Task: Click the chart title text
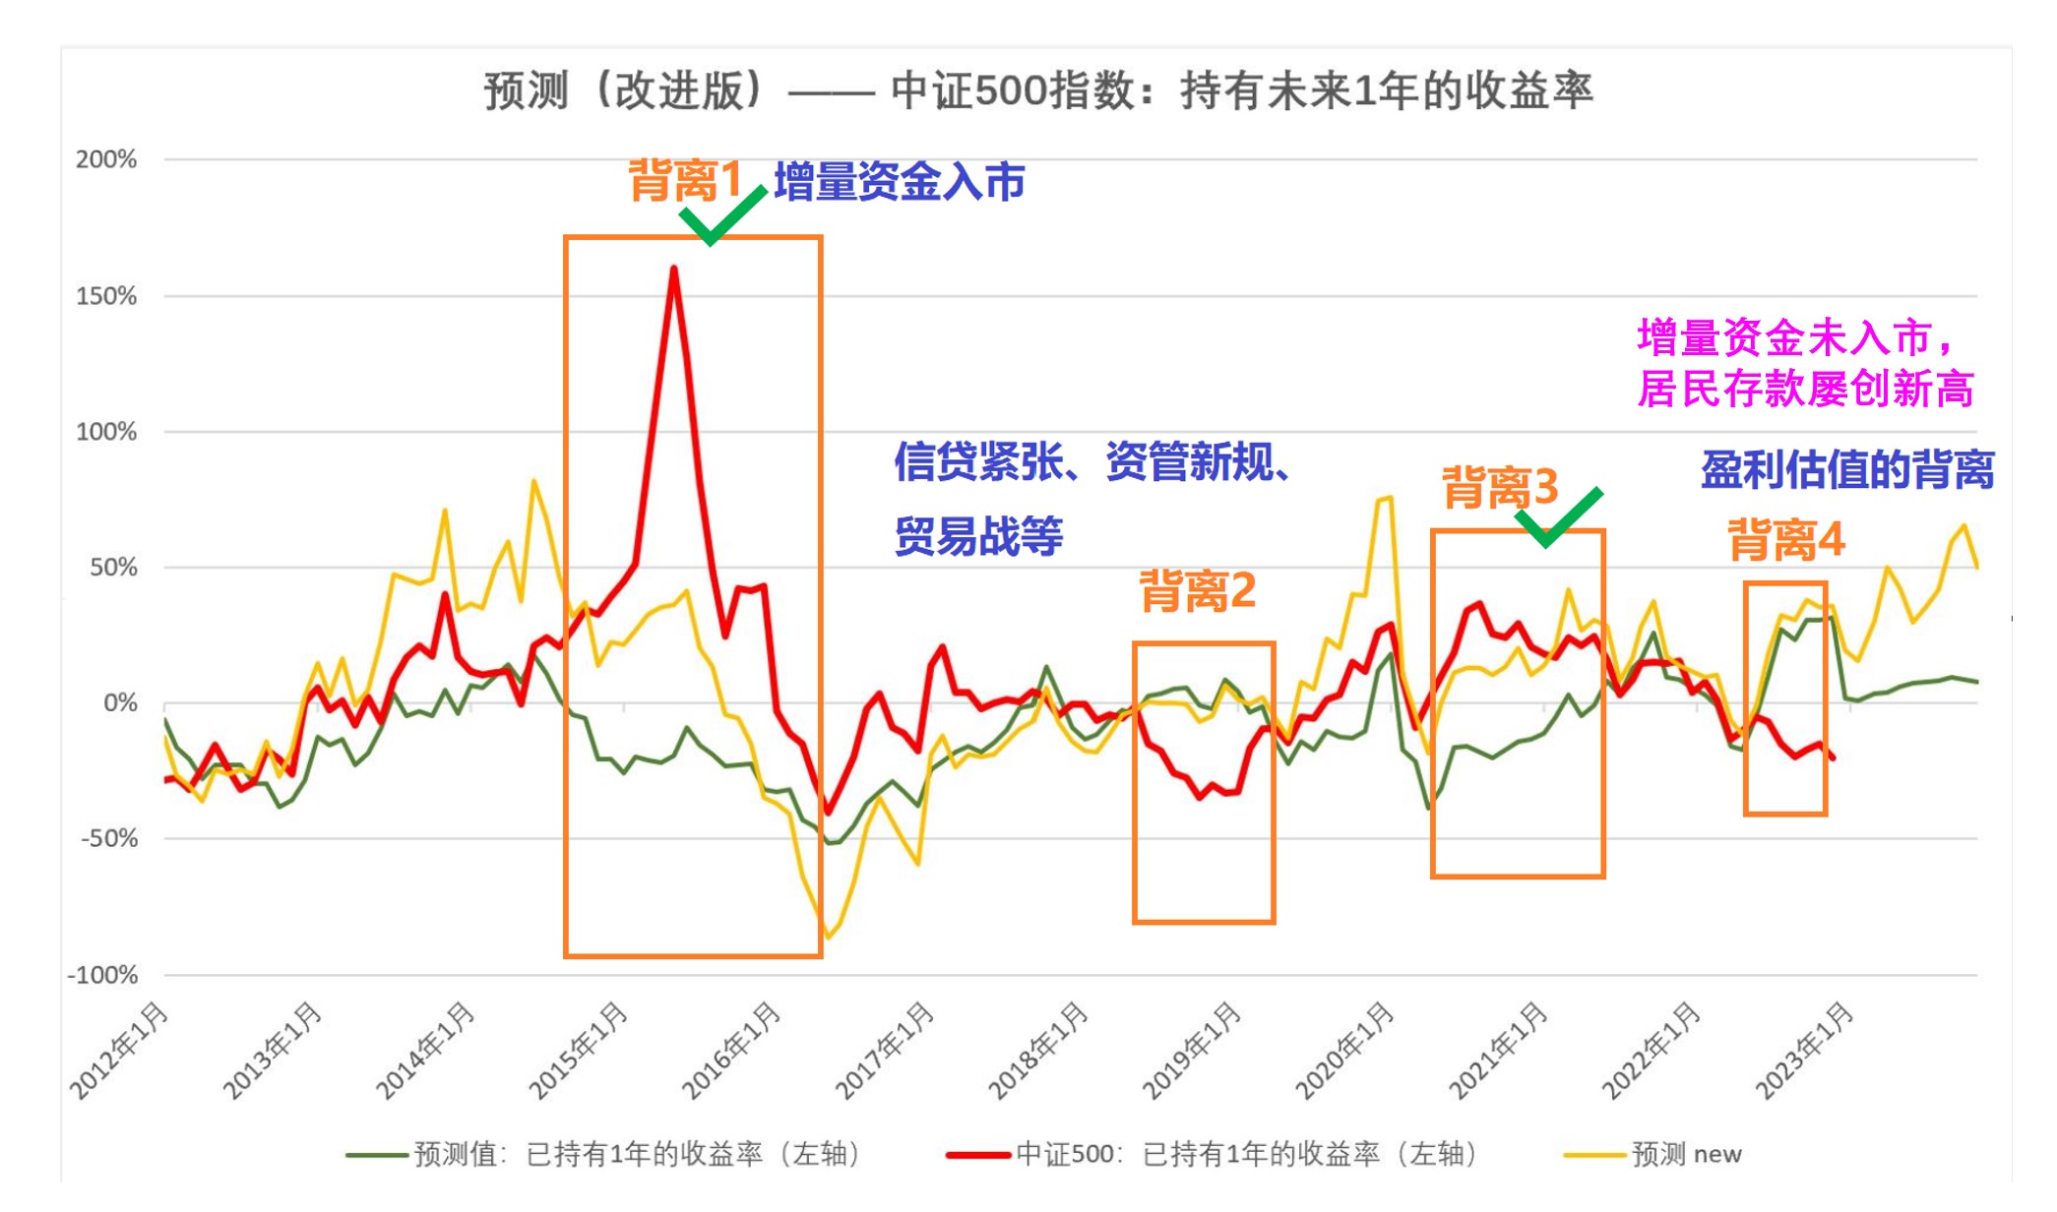coord(1037,91)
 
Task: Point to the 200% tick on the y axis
coord(106,159)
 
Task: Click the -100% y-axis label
coord(102,975)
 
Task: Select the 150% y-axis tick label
coord(106,296)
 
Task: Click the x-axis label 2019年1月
coord(1192,1050)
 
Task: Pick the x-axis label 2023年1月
coord(1805,1050)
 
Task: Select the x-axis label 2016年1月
coord(732,1050)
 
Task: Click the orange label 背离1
coord(685,181)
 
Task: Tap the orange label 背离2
coord(1197,591)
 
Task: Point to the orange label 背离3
coord(1500,488)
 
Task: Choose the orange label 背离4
coord(1785,540)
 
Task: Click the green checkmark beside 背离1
coord(720,215)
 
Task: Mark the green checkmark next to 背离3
coord(1557,516)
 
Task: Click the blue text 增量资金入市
coord(900,182)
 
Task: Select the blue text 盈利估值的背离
coord(1847,469)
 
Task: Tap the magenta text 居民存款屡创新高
coord(1805,389)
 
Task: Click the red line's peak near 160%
coord(674,269)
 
